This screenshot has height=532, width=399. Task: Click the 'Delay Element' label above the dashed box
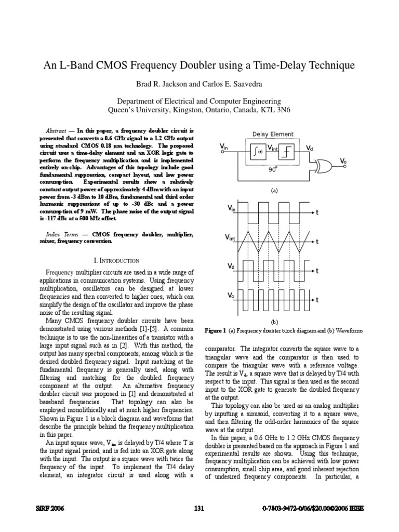point(273,134)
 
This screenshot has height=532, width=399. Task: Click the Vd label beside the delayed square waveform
point(231,265)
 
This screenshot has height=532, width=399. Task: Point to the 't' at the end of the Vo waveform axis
point(317,300)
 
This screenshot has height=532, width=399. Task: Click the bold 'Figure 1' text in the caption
point(216,330)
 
